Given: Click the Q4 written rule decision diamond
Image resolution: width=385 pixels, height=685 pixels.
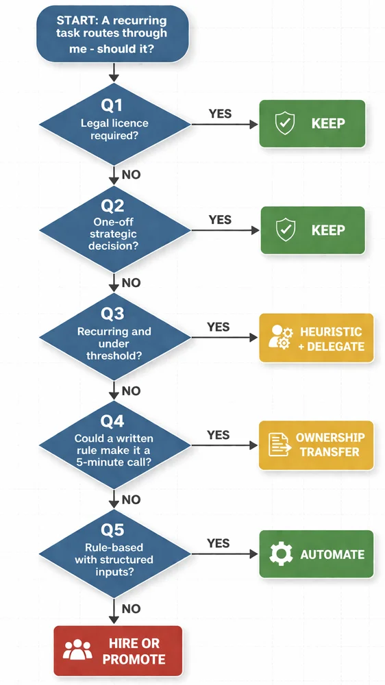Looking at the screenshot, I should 114,446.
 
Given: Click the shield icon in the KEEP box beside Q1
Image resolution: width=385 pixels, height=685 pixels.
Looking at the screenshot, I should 284,124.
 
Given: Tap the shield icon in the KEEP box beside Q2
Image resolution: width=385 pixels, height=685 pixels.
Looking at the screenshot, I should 284,231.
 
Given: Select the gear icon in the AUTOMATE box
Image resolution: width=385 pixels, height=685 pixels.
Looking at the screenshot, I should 282,554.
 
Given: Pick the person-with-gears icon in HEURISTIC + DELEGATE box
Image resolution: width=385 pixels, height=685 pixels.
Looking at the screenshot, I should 278,338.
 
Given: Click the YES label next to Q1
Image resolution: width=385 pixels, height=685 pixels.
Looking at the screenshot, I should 219,114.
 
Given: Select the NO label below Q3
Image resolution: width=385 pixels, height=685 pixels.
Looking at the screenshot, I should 131,390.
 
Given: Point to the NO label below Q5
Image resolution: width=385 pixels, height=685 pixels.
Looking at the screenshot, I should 131,608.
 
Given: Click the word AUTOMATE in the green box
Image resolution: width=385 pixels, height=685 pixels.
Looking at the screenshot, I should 333,554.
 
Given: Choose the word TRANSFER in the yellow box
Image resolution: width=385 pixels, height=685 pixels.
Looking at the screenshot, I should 330,452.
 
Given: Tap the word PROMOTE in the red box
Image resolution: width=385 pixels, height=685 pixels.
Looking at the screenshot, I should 134,659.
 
